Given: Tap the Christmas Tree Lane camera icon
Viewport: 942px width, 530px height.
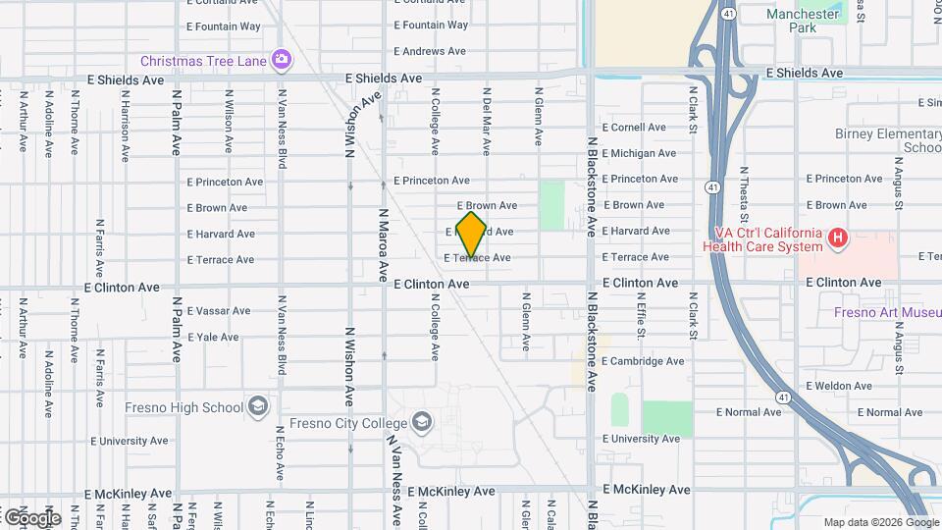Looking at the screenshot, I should [x=282, y=60].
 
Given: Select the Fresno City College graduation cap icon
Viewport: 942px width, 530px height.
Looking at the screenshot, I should [x=422, y=421].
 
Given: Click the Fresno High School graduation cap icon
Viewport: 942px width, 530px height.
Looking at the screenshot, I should [x=257, y=406].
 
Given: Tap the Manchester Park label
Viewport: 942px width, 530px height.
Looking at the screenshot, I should [x=803, y=21].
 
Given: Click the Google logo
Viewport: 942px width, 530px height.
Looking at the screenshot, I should [x=31, y=517].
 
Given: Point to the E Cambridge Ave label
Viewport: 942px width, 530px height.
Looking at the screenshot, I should [x=643, y=361].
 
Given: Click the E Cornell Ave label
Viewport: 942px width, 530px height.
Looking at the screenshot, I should [x=634, y=128].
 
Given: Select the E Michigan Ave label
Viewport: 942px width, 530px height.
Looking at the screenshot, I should [x=639, y=153].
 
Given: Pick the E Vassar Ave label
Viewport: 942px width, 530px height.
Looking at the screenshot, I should [x=218, y=311].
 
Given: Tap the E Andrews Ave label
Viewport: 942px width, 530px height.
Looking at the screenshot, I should [x=431, y=51].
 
